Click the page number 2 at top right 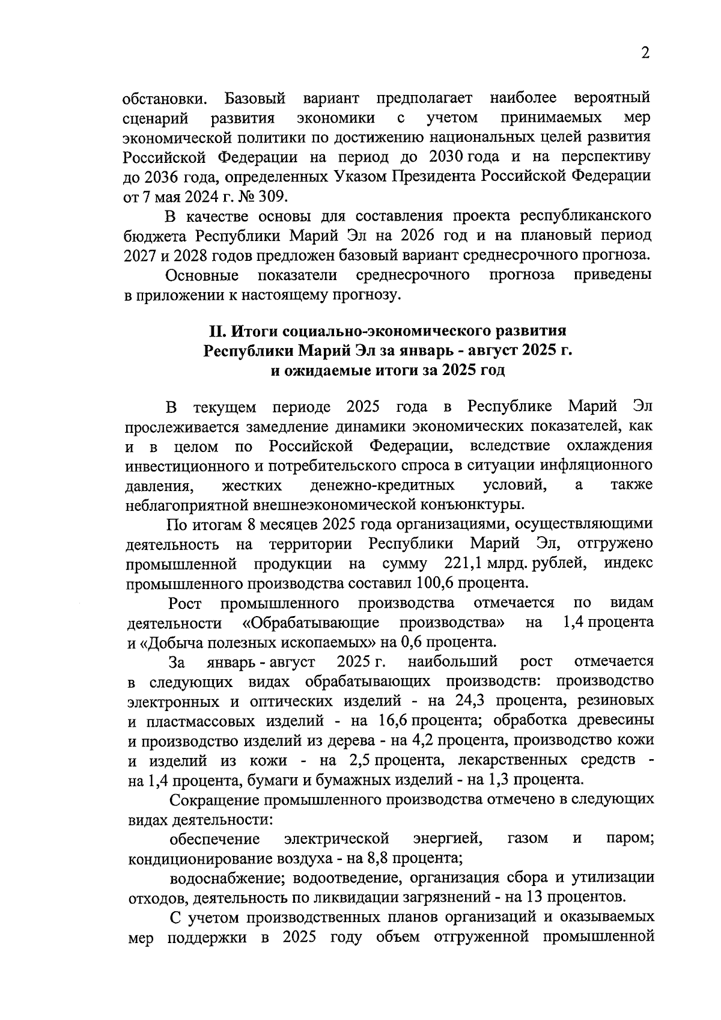click(645, 53)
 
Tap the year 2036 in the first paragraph click(158, 176)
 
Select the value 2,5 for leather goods click(360, 760)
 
